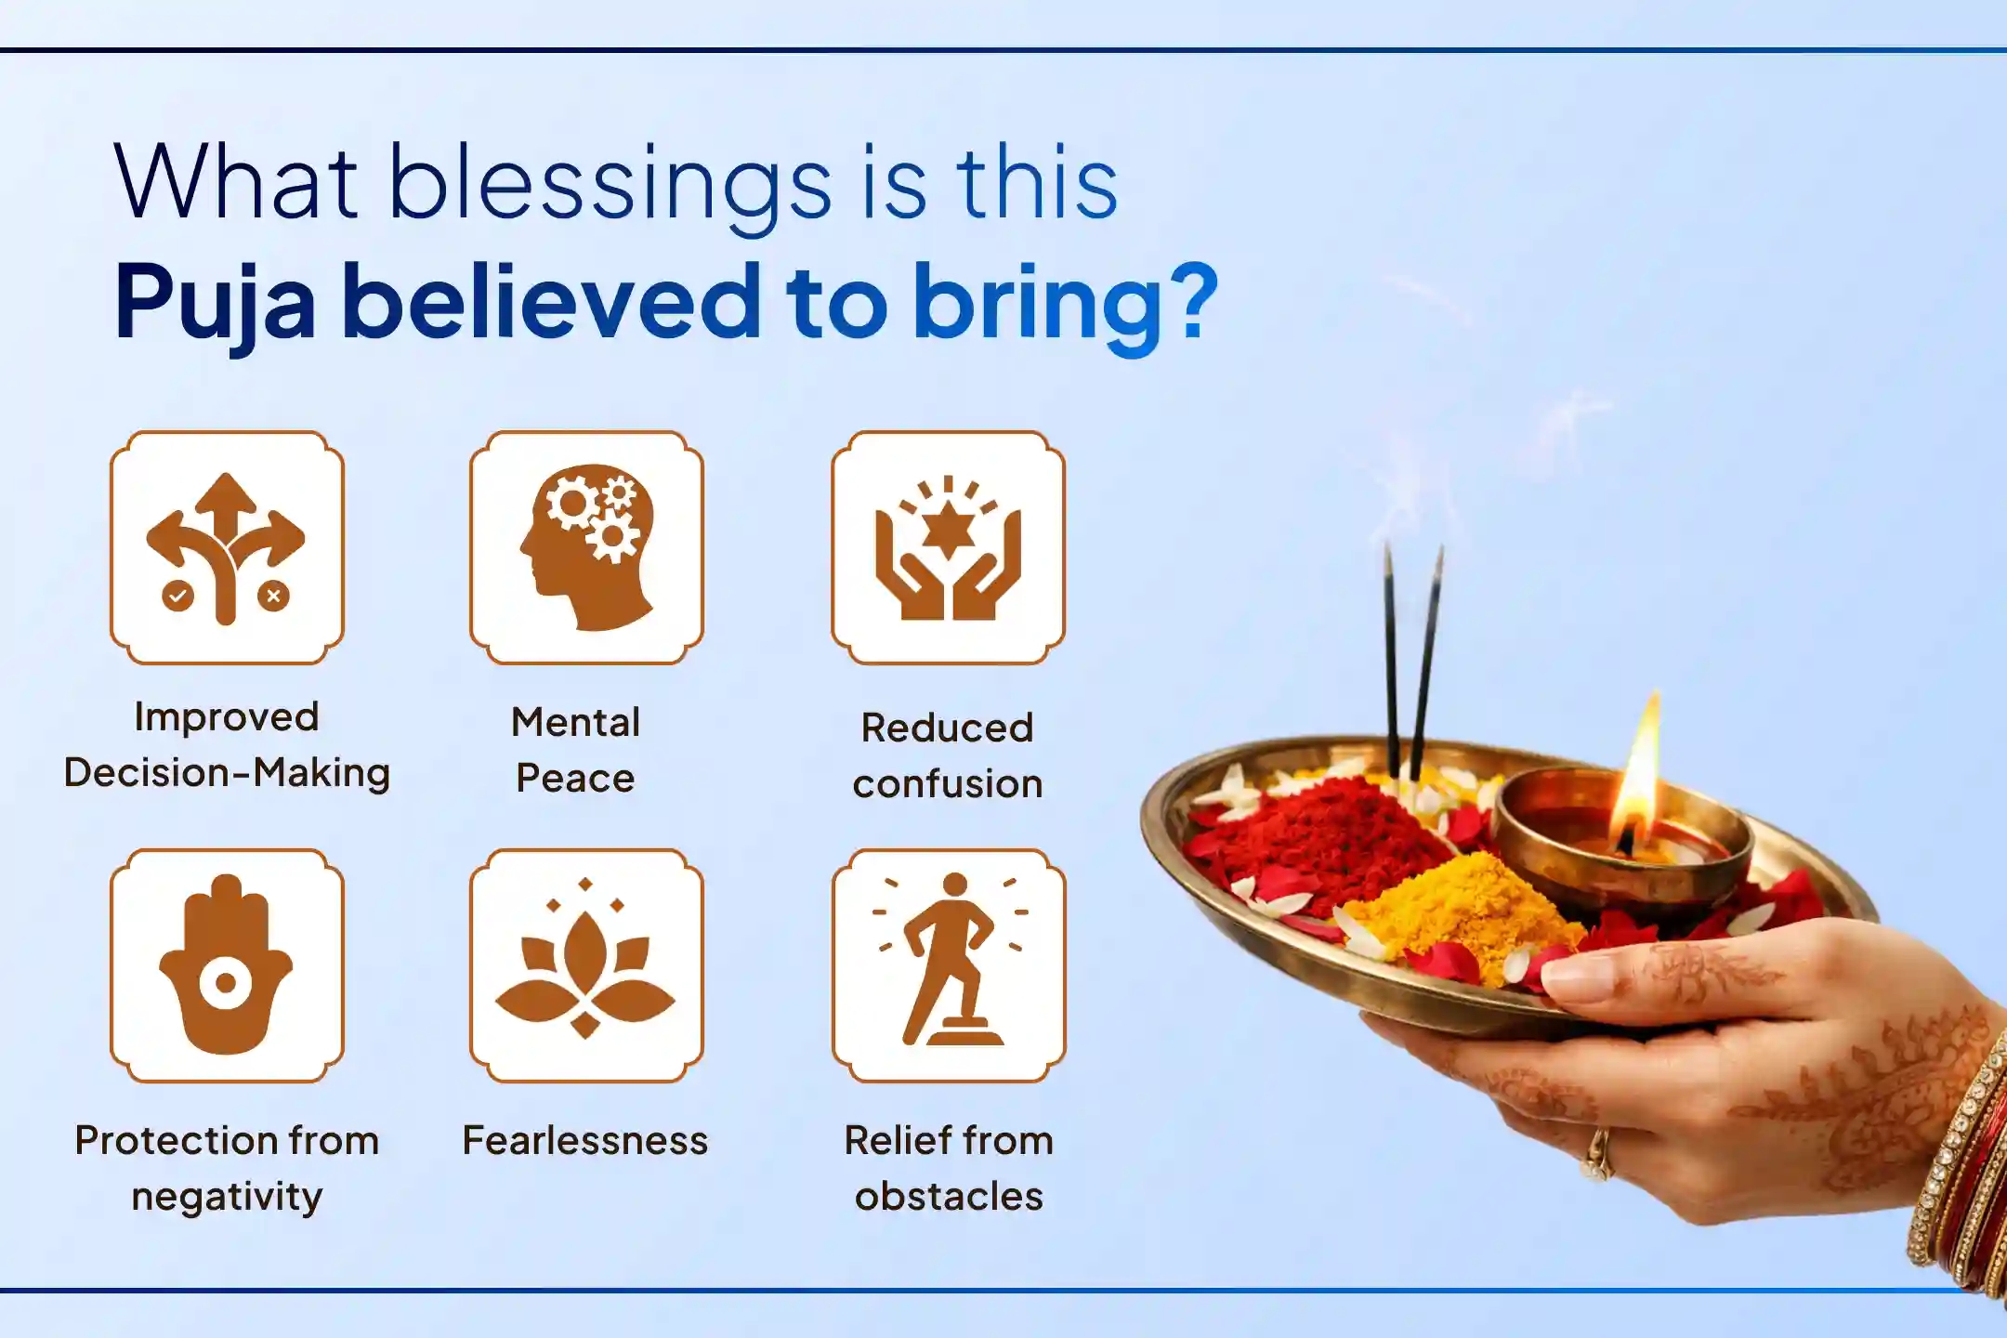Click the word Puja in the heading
pyautogui.click(x=216, y=303)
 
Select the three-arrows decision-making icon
pyautogui.click(x=227, y=547)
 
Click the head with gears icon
pyautogui.click(x=586, y=547)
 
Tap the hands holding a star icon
pyautogui.click(x=948, y=547)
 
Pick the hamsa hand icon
pyautogui.click(x=227, y=964)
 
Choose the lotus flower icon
pyautogui.click(x=586, y=964)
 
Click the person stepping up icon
pyautogui.click(x=949, y=964)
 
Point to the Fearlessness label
pyautogui.click(x=585, y=1140)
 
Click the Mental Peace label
pyautogui.click(x=576, y=749)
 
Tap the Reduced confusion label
pyautogui.click(x=948, y=754)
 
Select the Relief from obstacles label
pyautogui.click(x=949, y=1167)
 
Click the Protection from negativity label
pyautogui.click(x=227, y=1167)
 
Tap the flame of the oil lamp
pyautogui.click(x=1640, y=771)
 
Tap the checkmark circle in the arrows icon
pyautogui.click(x=177, y=596)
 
